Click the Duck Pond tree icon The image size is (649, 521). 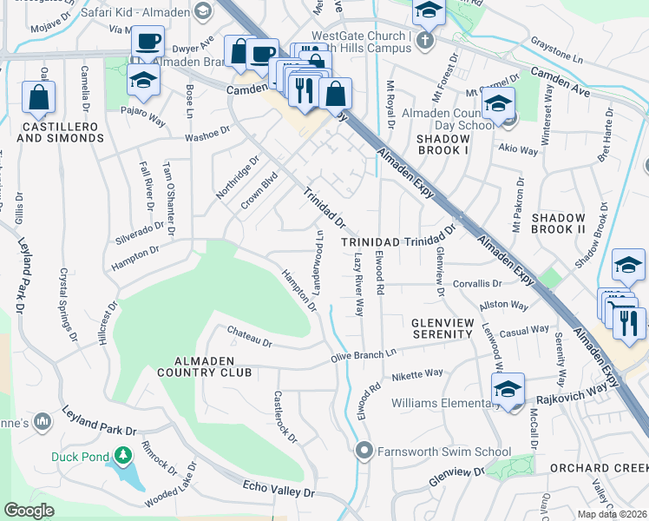click(x=123, y=455)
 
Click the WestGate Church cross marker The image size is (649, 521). click(x=424, y=41)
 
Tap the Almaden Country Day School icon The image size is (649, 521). click(x=498, y=104)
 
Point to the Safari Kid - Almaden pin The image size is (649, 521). click(x=203, y=11)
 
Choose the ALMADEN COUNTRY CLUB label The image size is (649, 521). click(x=201, y=366)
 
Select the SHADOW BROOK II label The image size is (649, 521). click(x=558, y=222)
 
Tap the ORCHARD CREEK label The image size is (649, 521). click(x=599, y=468)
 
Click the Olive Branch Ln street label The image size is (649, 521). click(x=363, y=354)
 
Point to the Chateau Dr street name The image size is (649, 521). click(x=249, y=337)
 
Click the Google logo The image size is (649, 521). click(x=29, y=511)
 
